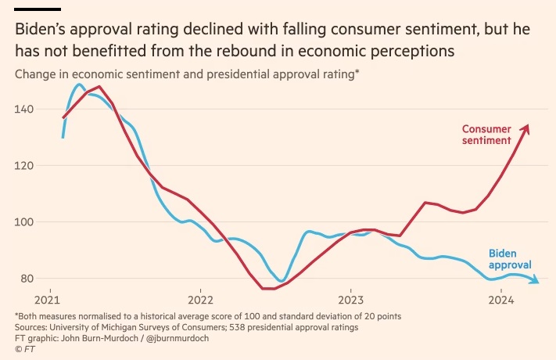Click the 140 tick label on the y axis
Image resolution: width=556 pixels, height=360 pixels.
[x=25, y=109]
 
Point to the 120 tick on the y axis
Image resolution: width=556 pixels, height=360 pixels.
[x=25, y=165]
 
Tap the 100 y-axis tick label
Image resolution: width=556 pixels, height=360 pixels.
[x=25, y=222]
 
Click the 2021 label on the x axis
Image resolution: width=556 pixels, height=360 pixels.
[x=48, y=300]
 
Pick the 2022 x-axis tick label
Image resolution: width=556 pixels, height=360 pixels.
[x=200, y=300]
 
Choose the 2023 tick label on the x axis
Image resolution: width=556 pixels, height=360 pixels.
[x=351, y=300]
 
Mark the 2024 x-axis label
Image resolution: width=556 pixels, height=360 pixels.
[x=501, y=300]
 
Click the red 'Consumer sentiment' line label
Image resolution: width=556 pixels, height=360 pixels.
[x=486, y=135]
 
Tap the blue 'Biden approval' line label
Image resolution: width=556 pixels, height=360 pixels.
[x=510, y=259]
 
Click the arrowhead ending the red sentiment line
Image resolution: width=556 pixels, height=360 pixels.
[x=526, y=127]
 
